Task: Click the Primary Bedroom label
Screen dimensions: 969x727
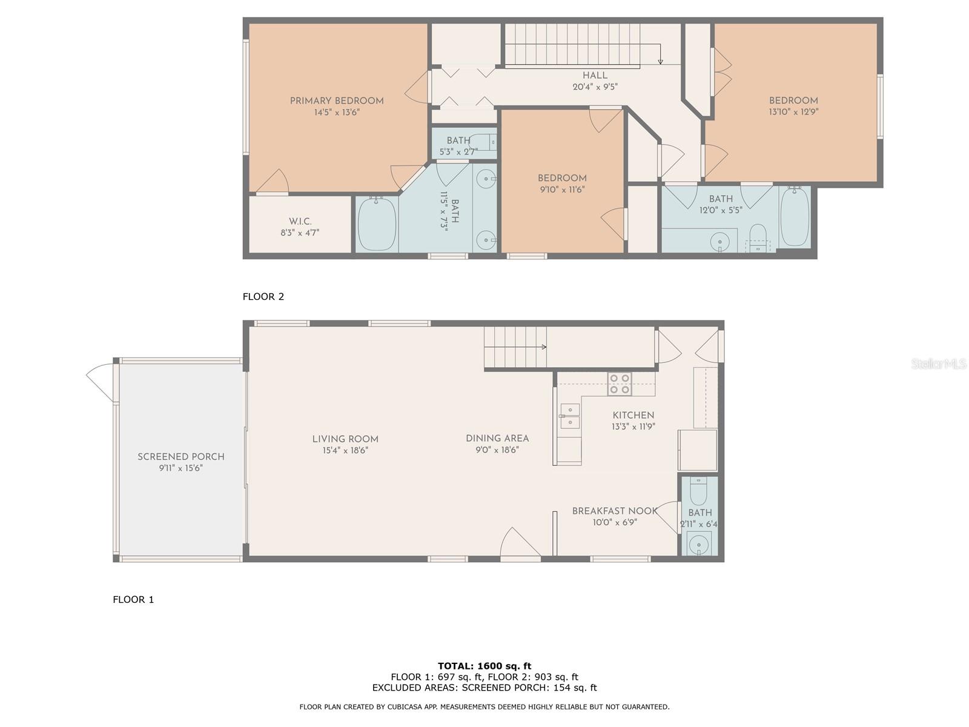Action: tap(336, 101)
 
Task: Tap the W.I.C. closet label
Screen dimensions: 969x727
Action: tap(300, 221)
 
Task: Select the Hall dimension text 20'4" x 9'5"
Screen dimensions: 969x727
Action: tap(595, 87)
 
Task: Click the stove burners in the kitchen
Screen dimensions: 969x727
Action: tap(620, 383)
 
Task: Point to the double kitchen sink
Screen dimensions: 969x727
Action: tap(570, 416)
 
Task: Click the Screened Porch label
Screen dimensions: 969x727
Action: tap(181, 456)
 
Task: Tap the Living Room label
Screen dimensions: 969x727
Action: tap(345, 439)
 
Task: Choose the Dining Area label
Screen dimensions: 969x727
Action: tap(497, 438)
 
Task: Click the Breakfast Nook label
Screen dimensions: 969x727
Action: tap(615, 511)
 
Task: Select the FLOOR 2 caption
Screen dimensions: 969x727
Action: tap(263, 297)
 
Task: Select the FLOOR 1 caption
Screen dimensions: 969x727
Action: tap(133, 599)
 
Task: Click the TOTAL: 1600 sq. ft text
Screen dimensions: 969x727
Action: tap(484, 666)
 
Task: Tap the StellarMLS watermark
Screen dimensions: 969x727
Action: tap(939, 363)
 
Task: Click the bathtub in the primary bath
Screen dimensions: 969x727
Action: tap(377, 224)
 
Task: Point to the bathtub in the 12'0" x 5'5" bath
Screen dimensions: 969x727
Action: tap(795, 217)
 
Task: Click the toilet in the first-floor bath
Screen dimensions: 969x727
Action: tap(698, 491)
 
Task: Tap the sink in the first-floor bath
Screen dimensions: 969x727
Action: tap(699, 543)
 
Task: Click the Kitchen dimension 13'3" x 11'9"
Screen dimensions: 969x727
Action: tap(633, 427)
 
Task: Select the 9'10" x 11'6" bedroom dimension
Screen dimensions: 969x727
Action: tap(562, 190)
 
